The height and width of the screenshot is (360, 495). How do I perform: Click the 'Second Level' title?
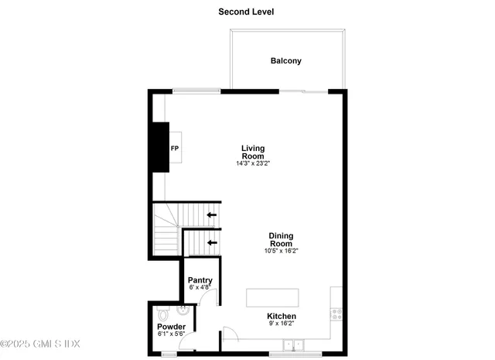click(x=246, y=12)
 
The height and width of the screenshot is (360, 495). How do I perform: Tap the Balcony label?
click(x=285, y=61)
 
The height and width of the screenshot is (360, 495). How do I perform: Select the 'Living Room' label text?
click(x=253, y=152)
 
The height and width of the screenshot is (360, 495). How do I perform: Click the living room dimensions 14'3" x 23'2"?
click(x=253, y=164)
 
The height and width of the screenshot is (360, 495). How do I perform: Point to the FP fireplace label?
click(x=175, y=148)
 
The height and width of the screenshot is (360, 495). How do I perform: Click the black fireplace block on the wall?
click(x=160, y=146)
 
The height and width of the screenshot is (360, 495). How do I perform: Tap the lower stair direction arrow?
click(x=211, y=242)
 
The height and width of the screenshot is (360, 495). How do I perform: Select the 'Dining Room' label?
click(x=281, y=239)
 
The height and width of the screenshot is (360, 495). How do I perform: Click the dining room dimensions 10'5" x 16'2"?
click(x=281, y=251)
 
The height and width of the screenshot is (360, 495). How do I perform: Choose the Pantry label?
click(x=200, y=279)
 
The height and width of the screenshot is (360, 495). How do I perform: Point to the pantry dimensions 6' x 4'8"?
click(x=200, y=287)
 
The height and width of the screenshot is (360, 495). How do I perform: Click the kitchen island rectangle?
click(x=272, y=299)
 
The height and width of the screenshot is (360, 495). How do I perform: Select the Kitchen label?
click(x=282, y=317)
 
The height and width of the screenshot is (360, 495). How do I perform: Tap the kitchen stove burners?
click(x=336, y=314)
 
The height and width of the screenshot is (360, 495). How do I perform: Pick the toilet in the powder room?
click(x=161, y=315)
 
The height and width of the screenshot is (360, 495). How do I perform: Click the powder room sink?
click(x=182, y=311)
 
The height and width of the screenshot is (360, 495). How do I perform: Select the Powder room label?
click(x=171, y=327)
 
